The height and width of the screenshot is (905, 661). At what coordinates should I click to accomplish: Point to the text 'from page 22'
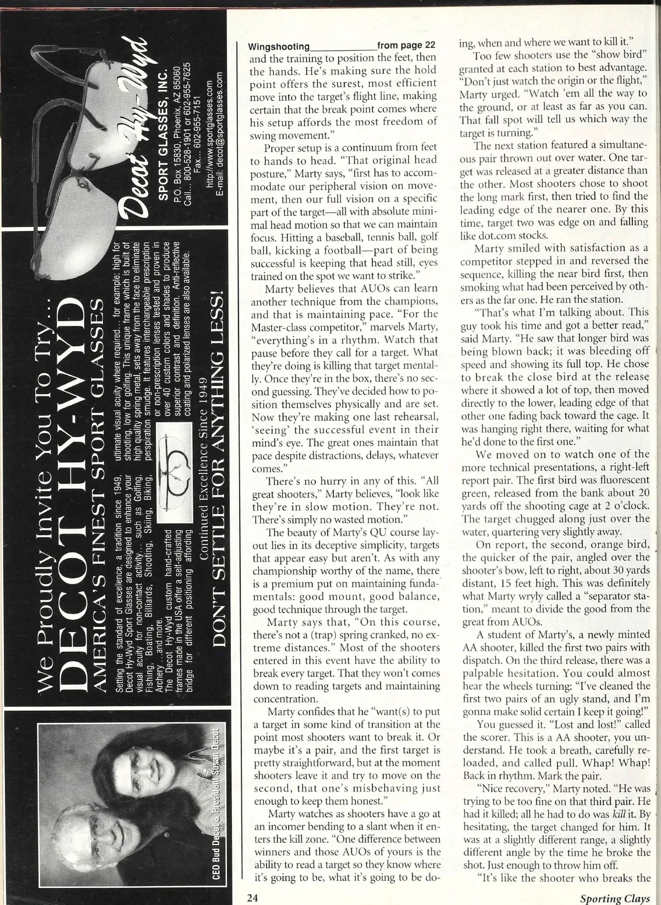pos(407,46)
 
